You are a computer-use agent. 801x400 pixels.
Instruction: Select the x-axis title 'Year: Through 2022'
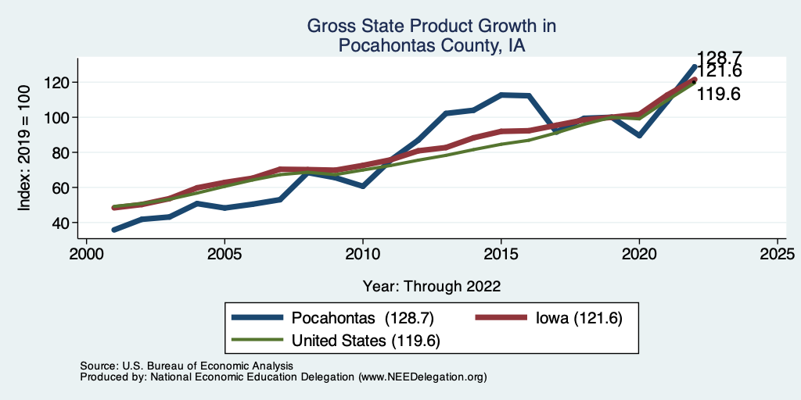click(x=432, y=286)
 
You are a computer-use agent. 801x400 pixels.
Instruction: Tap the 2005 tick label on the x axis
click(x=224, y=255)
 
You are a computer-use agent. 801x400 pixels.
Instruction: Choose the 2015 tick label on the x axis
click(x=501, y=255)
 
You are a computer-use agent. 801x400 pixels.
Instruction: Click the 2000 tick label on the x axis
click(x=86, y=255)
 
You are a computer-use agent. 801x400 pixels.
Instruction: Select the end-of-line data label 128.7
click(x=719, y=57)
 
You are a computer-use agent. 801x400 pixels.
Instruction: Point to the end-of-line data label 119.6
click(x=719, y=95)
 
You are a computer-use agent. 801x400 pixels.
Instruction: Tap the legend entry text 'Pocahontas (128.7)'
click(x=362, y=318)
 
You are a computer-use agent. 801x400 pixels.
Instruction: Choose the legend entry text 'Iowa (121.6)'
click(x=578, y=318)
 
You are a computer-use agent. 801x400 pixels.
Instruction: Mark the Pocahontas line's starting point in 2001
click(x=114, y=230)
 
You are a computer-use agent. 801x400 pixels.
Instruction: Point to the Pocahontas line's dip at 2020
click(x=639, y=135)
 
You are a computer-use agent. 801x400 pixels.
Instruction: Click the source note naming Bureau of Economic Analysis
click(x=186, y=366)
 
